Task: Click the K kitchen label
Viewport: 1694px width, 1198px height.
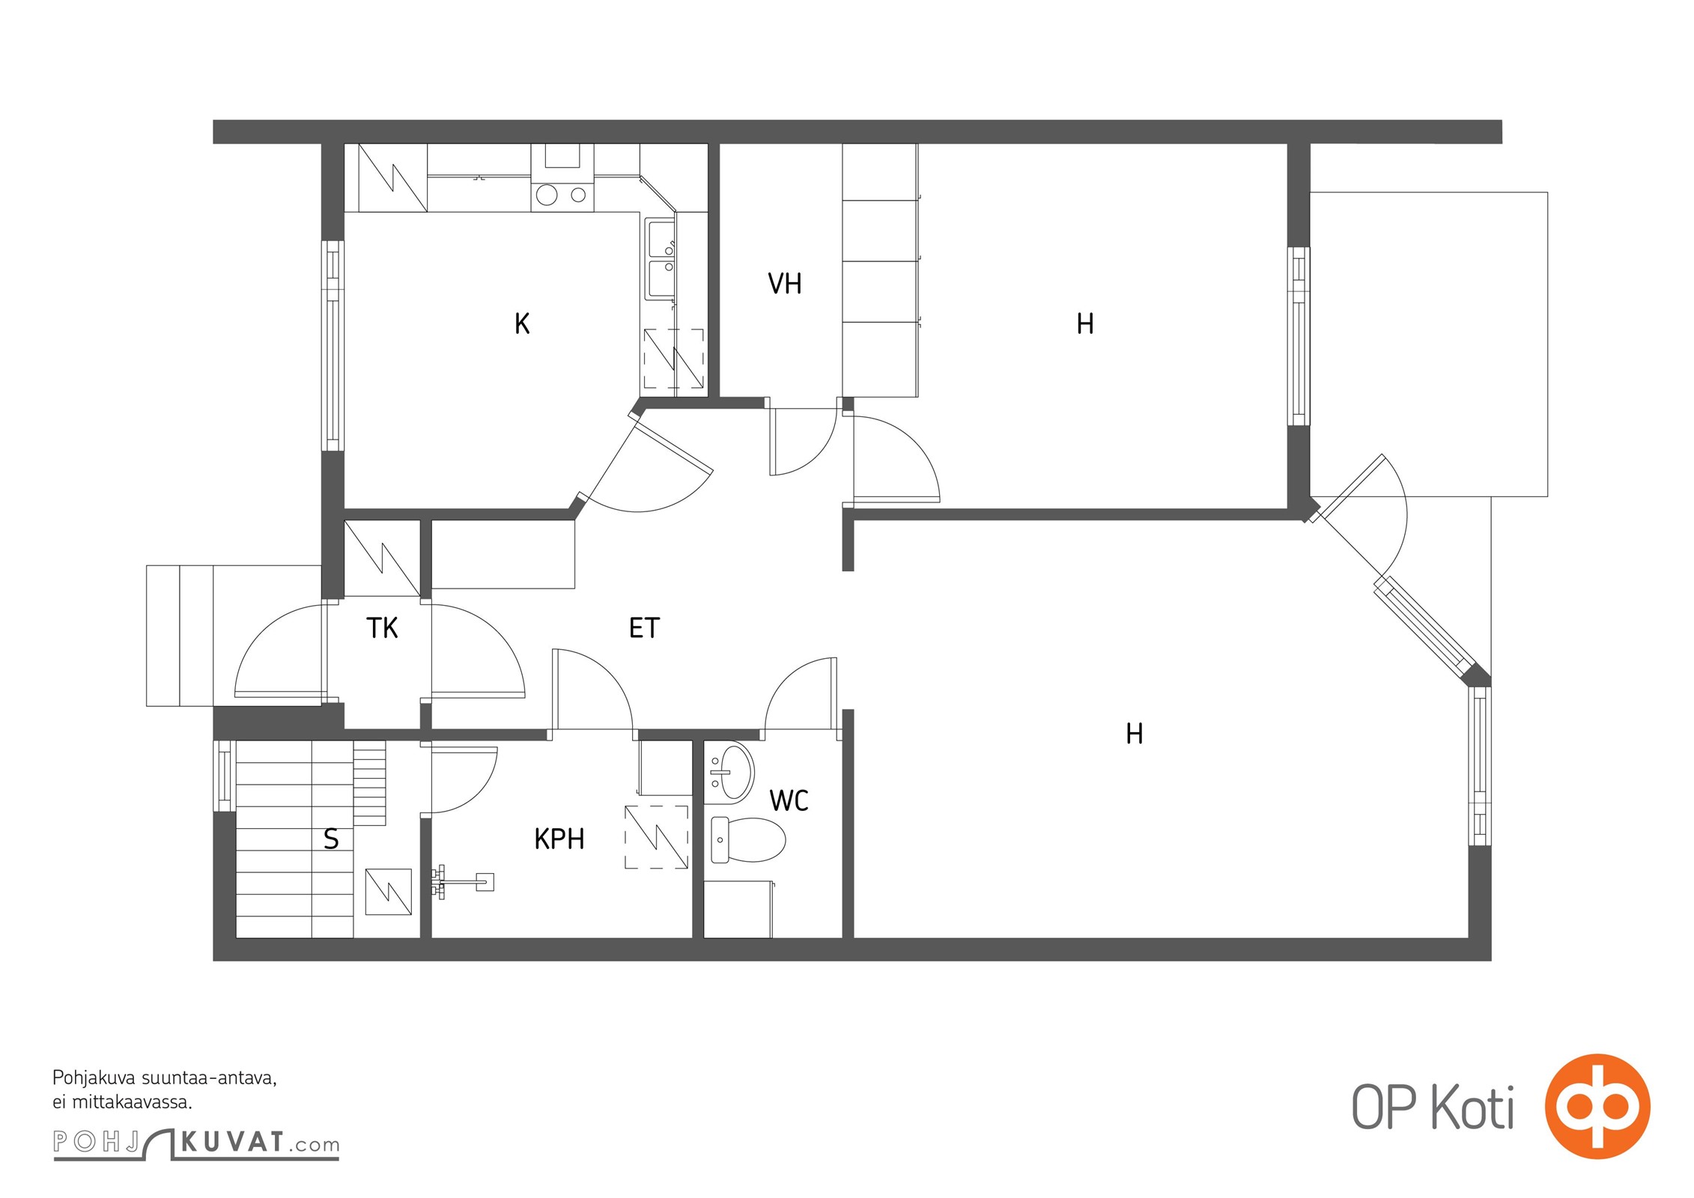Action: click(522, 323)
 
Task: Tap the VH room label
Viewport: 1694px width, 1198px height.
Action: click(785, 284)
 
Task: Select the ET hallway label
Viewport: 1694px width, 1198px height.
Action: click(644, 628)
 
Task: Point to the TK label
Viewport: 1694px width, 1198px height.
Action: click(382, 628)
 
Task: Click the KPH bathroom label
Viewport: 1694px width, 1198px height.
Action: click(559, 839)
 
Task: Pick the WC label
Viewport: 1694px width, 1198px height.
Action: click(789, 801)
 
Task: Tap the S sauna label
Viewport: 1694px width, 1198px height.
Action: click(331, 839)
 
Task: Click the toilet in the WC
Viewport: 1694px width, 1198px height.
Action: click(747, 839)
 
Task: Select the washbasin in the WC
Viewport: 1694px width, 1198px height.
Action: click(729, 770)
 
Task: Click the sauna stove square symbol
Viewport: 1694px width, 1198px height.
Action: click(388, 892)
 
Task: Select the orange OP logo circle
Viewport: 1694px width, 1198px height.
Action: click(1597, 1107)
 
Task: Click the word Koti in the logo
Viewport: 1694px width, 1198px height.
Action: click(1473, 1108)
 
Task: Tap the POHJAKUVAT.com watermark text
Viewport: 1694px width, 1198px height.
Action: click(196, 1143)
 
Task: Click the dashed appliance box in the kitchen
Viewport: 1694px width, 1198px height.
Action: click(674, 359)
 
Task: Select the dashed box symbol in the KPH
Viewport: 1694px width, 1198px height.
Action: click(657, 837)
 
